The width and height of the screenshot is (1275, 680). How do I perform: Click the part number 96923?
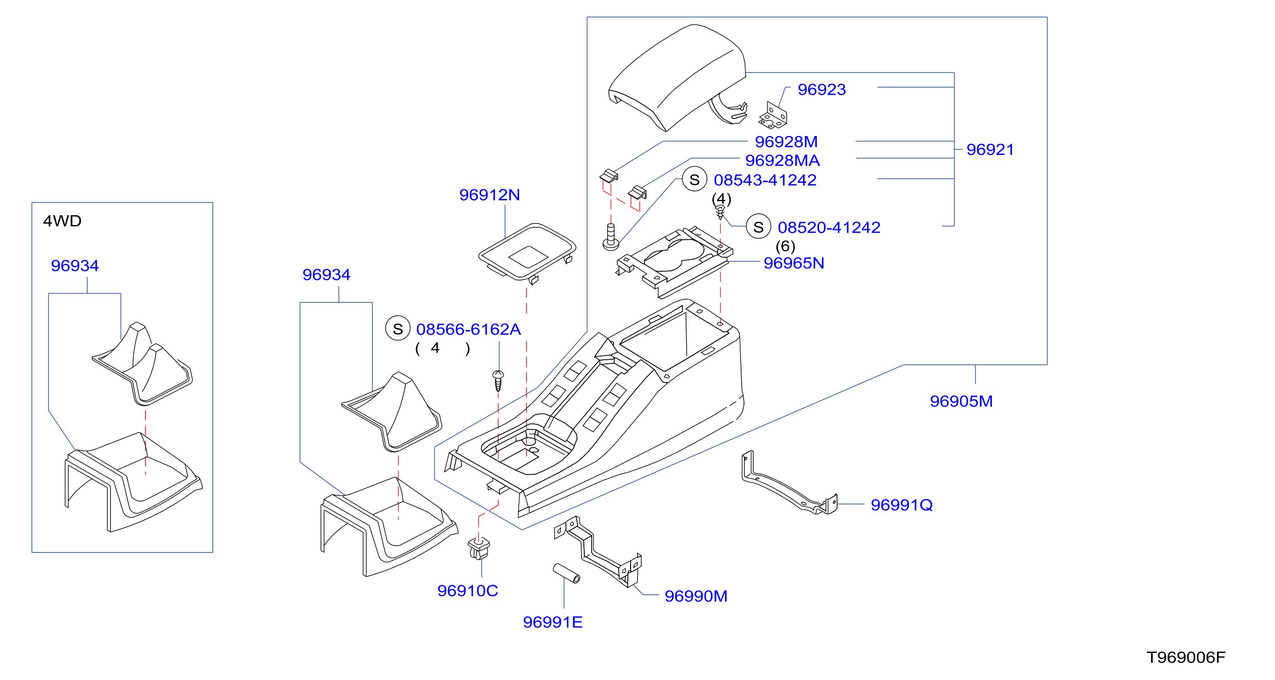[x=821, y=89]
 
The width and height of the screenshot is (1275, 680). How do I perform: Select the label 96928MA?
[x=782, y=160]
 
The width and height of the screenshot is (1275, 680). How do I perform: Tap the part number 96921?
[x=990, y=149]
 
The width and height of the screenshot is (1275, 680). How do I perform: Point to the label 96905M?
[x=961, y=401]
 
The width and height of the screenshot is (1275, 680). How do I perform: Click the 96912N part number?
[x=489, y=195]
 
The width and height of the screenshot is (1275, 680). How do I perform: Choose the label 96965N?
[x=794, y=263]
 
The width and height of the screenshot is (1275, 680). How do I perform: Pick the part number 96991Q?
[x=902, y=505]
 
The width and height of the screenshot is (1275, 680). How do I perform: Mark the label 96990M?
[x=696, y=596]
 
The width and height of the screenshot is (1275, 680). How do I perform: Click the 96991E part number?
[x=553, y=622]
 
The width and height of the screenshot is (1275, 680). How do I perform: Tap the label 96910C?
[x=468, y=591]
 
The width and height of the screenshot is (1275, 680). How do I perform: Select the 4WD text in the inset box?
[x=62, y=220]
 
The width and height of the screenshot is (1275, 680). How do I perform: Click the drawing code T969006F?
[x=1186, y=657]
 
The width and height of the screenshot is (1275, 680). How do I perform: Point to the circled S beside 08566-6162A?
[x=398, y=329]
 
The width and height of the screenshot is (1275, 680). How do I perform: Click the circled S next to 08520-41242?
[x=758, y=226]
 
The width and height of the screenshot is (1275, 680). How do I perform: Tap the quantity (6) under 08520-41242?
[x=786, y=246]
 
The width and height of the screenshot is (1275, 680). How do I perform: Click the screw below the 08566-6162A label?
[x=499, y=381]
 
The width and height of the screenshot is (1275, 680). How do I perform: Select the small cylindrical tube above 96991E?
[x=566, y=573]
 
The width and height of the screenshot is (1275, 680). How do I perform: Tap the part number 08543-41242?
[x=765, y=180]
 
